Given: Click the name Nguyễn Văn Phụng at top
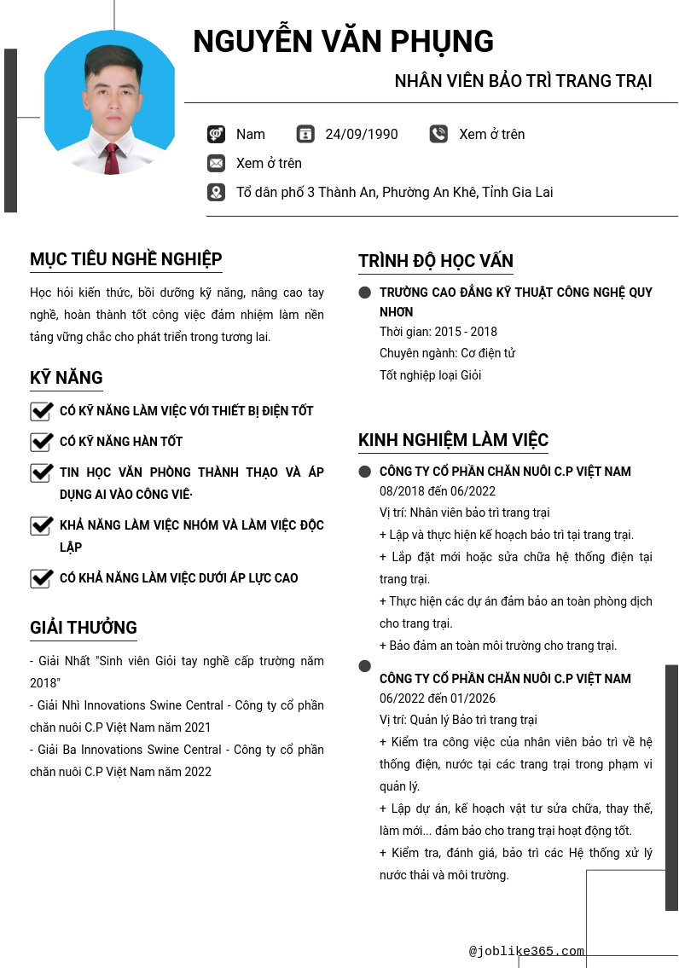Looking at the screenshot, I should tap(343, 41).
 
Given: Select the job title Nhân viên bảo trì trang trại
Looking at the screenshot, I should tap(523, 81).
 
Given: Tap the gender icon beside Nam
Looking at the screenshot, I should tap(216, 134).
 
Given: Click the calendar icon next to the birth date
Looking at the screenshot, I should tap(305, 134).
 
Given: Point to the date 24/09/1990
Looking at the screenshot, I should tap(362, 134).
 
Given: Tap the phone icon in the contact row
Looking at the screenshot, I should tap(438, 134).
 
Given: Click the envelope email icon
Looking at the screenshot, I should tap(216, 163).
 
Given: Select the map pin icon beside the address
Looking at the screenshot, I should tap(216, 192).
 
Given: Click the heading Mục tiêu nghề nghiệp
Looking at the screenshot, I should tap(126, 259).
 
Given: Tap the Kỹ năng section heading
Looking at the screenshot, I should tap(67, 378).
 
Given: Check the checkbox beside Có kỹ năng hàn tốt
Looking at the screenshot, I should tap(41, 442).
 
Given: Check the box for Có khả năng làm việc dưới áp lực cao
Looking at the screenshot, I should tap(41, 578).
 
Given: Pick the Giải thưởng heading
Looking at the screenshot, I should tap(84, 628).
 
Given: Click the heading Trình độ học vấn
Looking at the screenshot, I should tap(436, 261).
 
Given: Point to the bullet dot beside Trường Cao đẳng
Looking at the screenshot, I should tap(365, 293).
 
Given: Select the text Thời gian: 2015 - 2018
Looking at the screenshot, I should tap(438, 332).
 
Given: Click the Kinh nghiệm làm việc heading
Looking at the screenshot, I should tap(453, 440).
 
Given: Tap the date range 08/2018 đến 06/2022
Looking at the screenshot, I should tap(438, 491).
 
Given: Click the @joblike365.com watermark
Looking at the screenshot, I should tap(526, 951).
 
